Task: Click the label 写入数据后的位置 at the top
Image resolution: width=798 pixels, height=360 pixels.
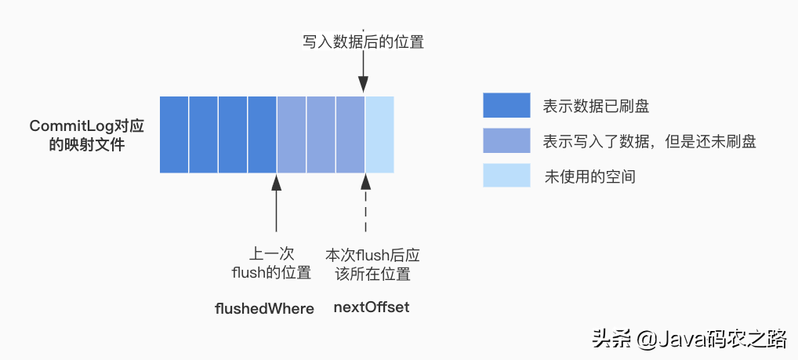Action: [x=363, y=42]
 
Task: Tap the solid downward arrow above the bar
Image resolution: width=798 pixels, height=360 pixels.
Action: [x=364, y=76]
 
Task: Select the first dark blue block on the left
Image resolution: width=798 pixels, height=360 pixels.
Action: [x=174, y=134]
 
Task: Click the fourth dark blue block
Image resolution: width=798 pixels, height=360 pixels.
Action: [x=262, y=134]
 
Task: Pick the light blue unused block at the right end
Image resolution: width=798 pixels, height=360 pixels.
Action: [x=379, y=134]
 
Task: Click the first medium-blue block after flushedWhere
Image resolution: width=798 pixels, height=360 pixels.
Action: [x=291, y=134]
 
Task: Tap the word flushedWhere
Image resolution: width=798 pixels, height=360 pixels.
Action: [x=264, y=308]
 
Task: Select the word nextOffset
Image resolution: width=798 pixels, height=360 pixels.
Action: [x=372, y=307]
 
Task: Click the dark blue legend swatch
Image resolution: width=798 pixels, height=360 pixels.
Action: [x=507, y=105]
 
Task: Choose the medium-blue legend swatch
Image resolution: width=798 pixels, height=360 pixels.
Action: [x=507, y=140]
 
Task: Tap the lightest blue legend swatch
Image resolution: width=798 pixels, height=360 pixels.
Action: [x=507, y=176]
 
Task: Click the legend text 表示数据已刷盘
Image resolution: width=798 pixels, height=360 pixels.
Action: [x=596, y=106]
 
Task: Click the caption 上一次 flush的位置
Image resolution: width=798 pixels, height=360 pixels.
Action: [x=271, y=264]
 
